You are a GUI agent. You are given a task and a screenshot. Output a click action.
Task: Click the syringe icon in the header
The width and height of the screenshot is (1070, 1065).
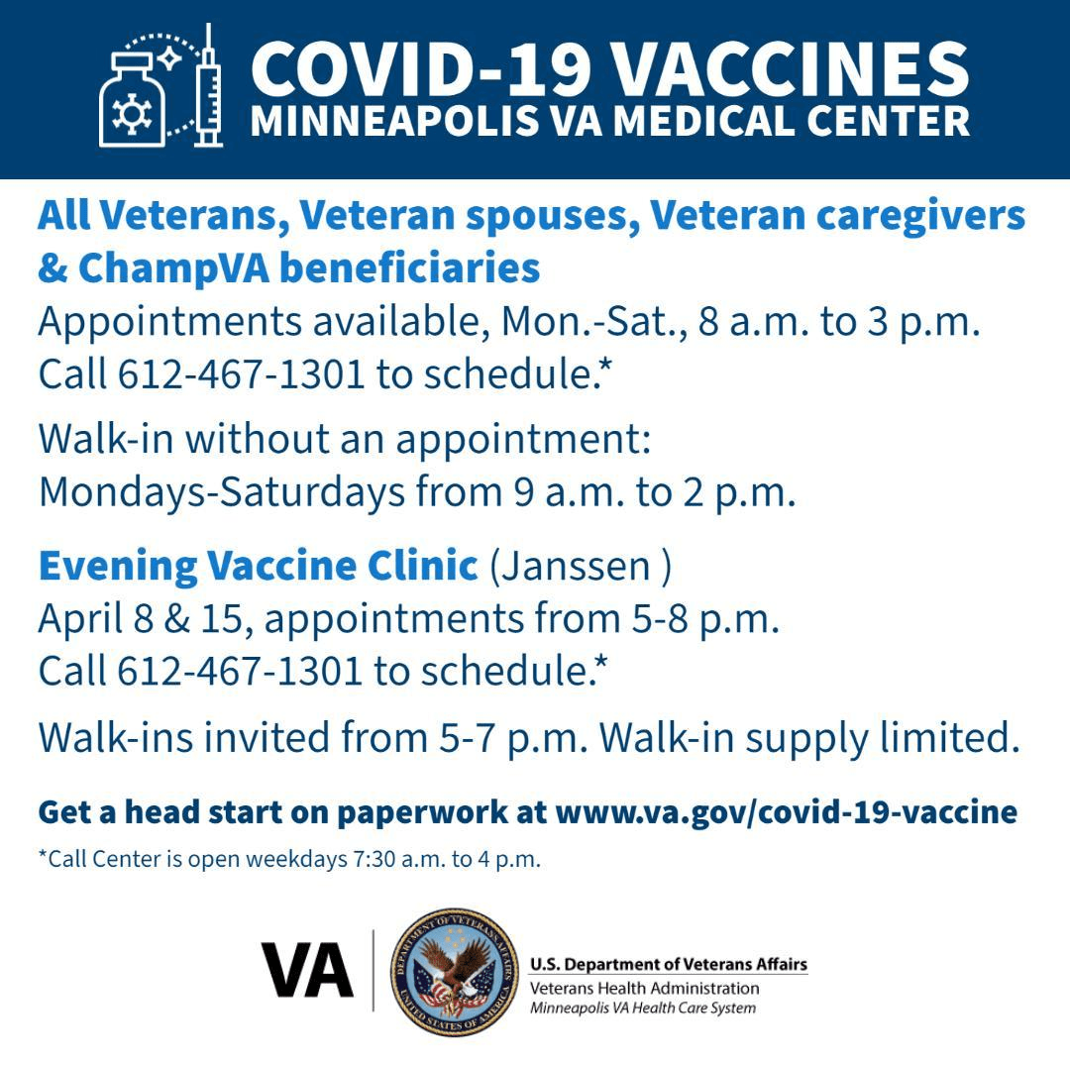[x=208, y=87]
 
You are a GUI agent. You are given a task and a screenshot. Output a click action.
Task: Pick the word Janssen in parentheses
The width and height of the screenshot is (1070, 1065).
[x=580, y=567]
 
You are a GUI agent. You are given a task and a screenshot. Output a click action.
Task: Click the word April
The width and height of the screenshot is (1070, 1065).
[x=77, y=619]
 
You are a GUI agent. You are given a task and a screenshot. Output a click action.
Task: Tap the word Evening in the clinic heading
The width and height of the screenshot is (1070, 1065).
[x=117, y=566]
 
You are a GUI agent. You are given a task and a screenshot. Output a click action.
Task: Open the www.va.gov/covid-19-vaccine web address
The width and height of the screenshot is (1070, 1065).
[x=786, y=812]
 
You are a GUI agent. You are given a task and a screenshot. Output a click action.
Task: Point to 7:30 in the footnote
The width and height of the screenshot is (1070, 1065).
[x=374, y=859]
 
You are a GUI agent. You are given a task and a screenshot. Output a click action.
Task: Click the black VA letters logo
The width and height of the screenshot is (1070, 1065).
[x=307, y=970]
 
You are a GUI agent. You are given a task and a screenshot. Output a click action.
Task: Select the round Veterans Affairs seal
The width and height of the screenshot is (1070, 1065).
[x=454, y=971]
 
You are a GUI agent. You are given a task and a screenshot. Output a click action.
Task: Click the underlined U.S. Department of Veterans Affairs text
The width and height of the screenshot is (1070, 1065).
[x=669, y=964]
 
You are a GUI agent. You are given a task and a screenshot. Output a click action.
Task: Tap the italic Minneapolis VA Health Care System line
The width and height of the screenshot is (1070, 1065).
[x=643, y=1009]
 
